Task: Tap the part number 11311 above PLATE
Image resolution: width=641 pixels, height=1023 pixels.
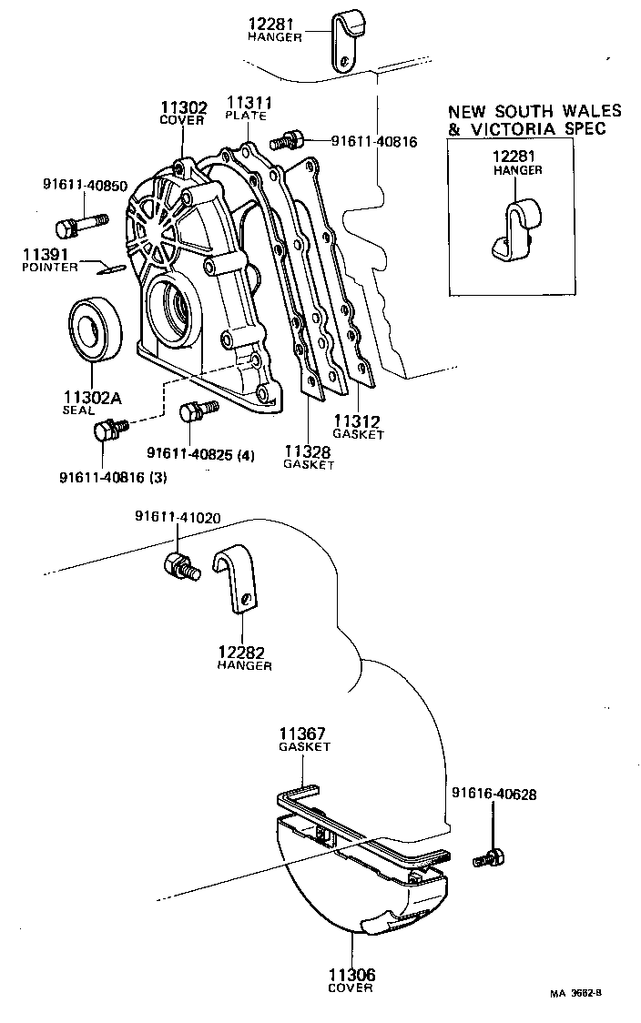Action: click(249, 104)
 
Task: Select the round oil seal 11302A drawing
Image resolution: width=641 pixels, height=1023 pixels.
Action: click(91, 328)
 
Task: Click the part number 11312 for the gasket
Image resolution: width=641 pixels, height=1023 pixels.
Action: click(357, 421)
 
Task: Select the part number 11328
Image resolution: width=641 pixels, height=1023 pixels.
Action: click(309, 451)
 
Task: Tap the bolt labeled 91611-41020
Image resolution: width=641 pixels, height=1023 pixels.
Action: click(179, 565)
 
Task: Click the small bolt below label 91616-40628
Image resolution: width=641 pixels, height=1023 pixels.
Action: click(490, 857)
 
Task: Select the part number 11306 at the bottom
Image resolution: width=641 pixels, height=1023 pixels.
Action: click(351, 975)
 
